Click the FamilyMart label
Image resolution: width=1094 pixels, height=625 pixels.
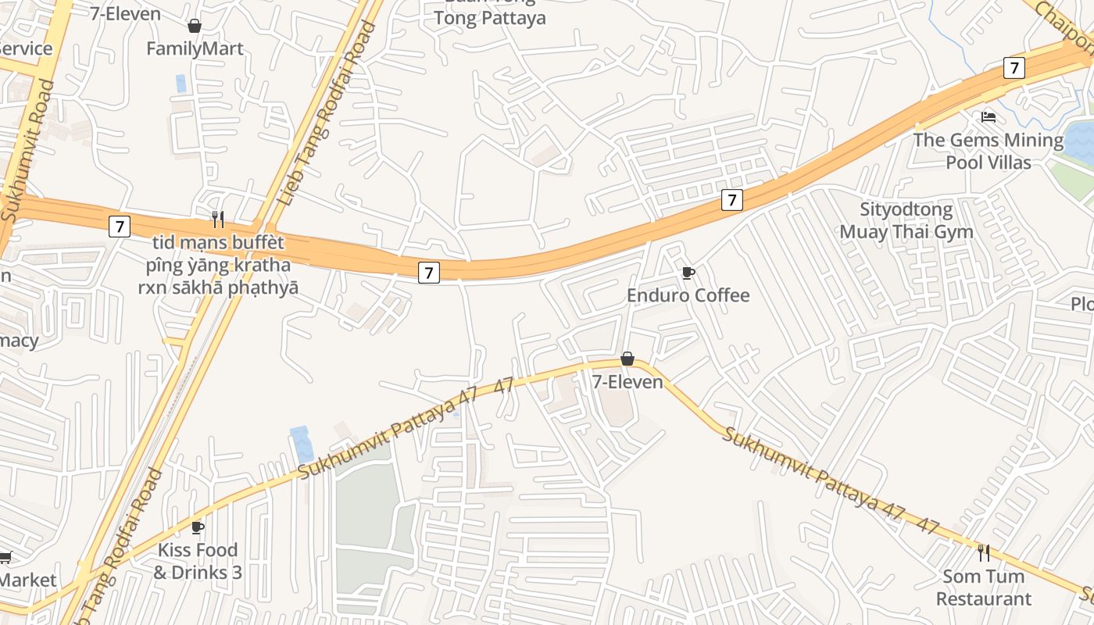195,48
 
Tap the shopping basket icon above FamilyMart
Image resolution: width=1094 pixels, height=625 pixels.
195,26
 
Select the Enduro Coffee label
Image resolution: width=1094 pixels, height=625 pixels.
688,295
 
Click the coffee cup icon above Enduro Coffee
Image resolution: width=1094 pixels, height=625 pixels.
688,273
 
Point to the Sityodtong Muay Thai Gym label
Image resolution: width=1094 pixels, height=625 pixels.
906,220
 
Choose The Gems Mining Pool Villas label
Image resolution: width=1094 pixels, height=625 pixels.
989,151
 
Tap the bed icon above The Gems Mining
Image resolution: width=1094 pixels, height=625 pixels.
989,118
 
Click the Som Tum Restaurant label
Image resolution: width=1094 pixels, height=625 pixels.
984,587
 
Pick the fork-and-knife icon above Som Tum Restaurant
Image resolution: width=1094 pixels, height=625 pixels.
984,553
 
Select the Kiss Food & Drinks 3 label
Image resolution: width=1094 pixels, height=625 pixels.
198,561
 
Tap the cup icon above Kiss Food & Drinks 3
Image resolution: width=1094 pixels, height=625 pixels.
197,527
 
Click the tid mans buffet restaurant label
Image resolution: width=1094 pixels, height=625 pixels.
218,265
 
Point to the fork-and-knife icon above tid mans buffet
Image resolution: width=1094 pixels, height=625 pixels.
218,219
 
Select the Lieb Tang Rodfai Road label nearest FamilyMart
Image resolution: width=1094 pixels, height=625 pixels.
327,114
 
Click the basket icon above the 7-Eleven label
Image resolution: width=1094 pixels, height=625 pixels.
627,359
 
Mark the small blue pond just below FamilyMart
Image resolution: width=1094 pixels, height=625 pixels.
181,83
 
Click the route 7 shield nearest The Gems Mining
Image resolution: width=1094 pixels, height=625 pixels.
1014,68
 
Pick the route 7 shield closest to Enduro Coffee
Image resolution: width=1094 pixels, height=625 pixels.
731,200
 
